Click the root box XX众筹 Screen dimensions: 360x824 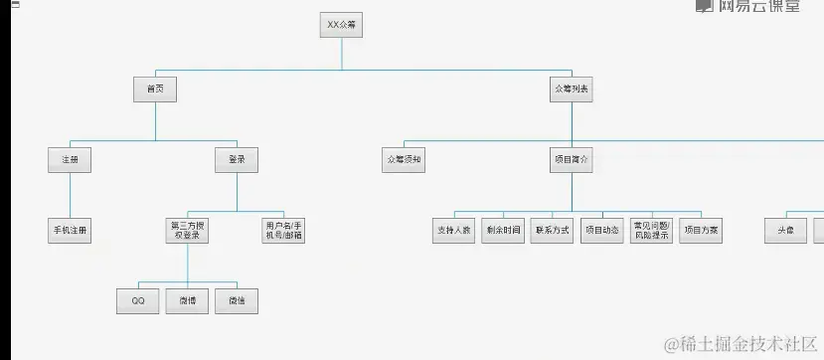[x=341, y=25]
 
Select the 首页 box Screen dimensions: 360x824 [x=155, y=90]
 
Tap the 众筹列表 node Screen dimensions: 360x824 [x=571, y=90]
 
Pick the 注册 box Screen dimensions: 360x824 [x=70, y=159]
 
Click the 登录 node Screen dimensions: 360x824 [x=237, y=159]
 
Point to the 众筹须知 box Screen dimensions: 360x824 [x=404, y=159]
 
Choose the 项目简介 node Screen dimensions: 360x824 [x=571, y=159]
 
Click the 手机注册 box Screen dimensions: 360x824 [x=70, y=230]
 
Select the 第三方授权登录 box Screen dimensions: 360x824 [x=188, y=230]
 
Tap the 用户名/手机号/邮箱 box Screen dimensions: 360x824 [x=284, y=230]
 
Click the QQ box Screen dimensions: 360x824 [x=138, y=299]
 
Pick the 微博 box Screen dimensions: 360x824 [x=187, y=299]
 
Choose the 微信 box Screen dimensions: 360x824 [x=237, y=299]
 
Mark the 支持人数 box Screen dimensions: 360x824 [x=453, y=230]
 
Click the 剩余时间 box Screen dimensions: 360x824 [x=502, y=230]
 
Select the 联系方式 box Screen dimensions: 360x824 [x=552, y=230]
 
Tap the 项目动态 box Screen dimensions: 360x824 [x=601, y=230]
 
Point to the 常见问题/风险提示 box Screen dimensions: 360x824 [x=651, y=230]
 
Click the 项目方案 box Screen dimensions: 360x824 [x=701, y=230]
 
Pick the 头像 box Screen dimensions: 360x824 [x=785, y=230]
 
